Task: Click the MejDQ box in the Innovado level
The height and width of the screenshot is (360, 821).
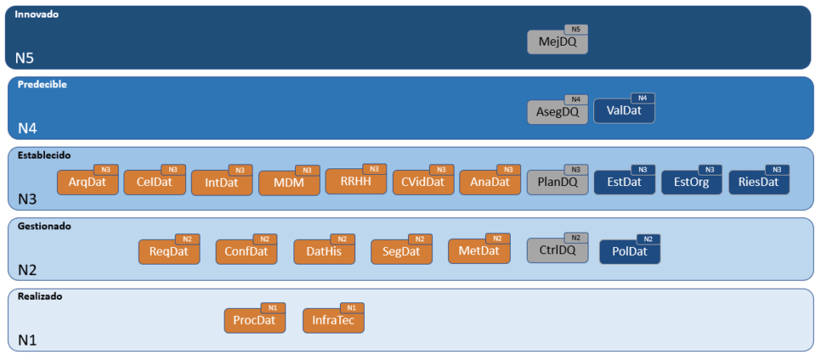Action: point(557,42)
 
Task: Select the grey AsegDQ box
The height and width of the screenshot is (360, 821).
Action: point(557,112)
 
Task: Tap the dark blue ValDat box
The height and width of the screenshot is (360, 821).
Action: point(624,112)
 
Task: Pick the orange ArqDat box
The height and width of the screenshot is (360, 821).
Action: point(87,183)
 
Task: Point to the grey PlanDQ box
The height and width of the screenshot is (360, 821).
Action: point(557,183)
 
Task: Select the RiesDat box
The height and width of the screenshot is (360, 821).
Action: point(758,183)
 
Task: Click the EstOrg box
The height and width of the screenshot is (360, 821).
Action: point(691,183)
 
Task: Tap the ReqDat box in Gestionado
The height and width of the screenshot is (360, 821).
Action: point(168,252)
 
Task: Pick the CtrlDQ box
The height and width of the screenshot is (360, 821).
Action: point(557,251)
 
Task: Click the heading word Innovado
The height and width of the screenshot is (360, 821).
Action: point(36,14)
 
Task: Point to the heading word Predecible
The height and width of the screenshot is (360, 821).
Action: point(42,84)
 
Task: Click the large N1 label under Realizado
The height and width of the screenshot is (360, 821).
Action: point(28,340)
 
